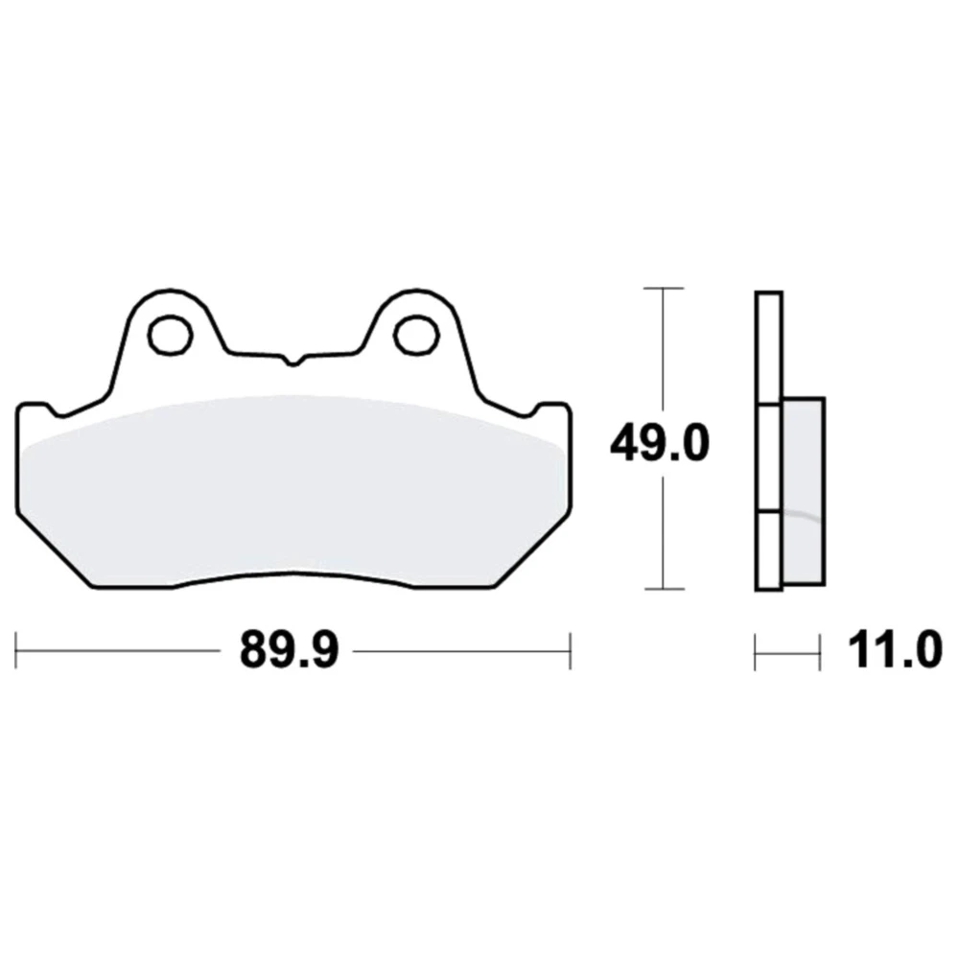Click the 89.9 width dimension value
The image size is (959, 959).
point(289,650)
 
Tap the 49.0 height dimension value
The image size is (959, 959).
point(660,443)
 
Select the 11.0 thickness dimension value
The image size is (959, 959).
point(894,651)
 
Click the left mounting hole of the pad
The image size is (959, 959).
point(171,335)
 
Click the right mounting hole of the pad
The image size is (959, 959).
point(417,335)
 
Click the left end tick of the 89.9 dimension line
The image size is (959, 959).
point(16,651)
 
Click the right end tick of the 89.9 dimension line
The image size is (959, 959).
point(570,651)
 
